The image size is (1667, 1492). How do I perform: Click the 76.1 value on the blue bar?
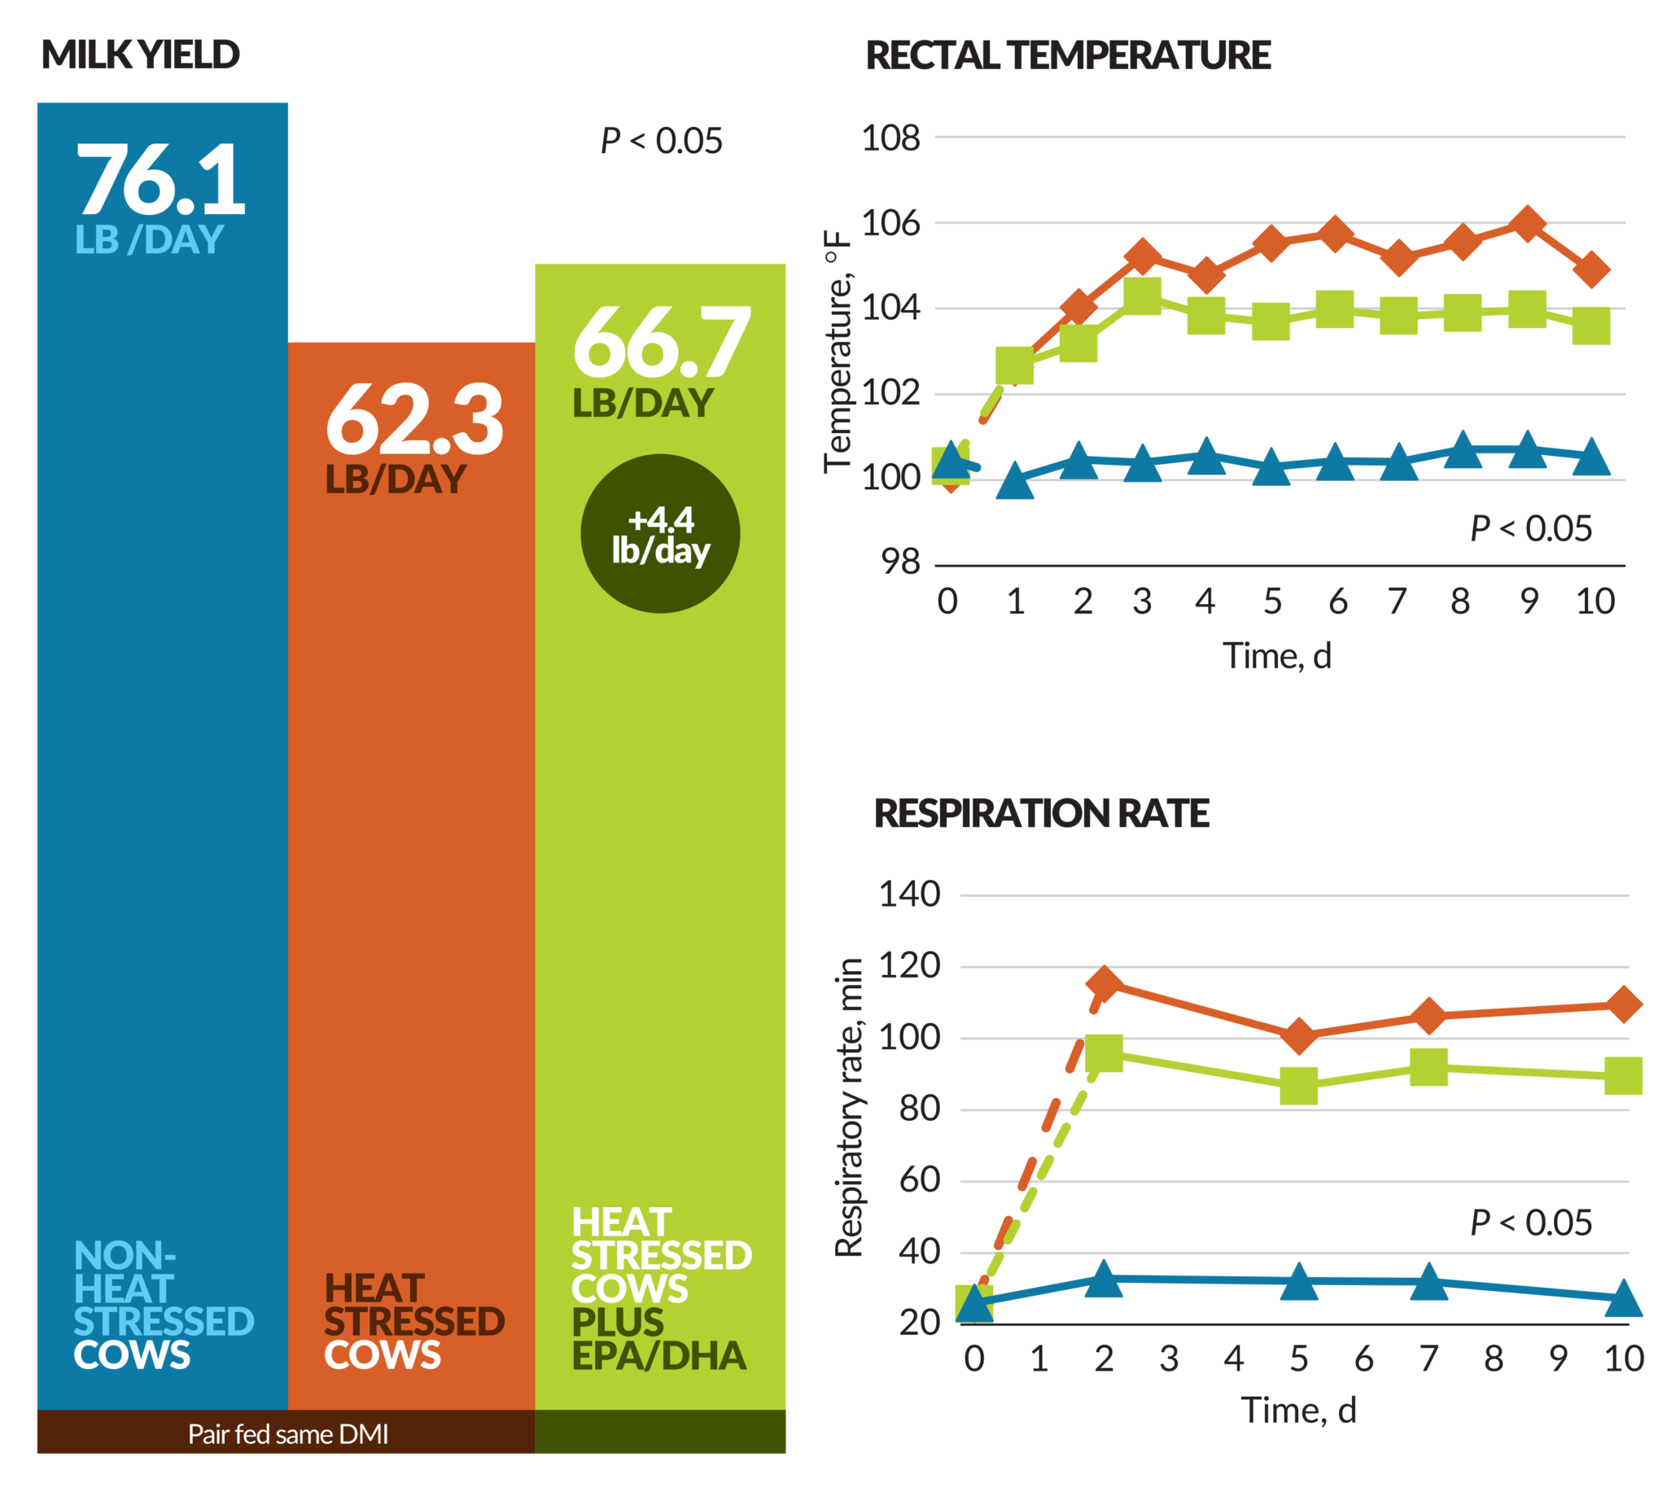pyautogui.click(x=160, y=180)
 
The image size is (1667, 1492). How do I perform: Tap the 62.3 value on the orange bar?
pyautogui.click(x=413, y=420)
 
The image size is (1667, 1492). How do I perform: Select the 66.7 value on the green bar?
pyautogui.click(x=662, y=343)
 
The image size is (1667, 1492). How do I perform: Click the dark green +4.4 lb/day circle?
pyautogui.click(x=661, y=534)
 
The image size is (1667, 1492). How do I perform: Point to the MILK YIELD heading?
pyautogui.click(x=140, y=55)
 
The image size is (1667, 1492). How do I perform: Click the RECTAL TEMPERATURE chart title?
pyautogui.click(x=1068, y=55)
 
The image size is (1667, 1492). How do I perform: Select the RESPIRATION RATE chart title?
pyautogui.click(x=1041, y=813)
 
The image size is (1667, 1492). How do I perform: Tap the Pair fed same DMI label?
pyautogui.click(x=287, y=1433)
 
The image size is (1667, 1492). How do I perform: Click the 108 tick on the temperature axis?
pyautogui.click(x=891, y=138)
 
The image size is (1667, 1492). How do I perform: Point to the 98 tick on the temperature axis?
pyautogui.click(x=902, y=562)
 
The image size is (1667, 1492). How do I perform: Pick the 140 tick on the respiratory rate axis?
pyautogui.click(x=910, y=895)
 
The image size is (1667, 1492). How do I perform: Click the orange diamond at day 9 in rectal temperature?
pyautogui.click(x=1528, y=223)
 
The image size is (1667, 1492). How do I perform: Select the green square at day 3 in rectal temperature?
pyautogui.click(x=1143, y=295)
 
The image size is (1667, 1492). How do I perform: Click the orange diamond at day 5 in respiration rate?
pyautogui.click(x=1299, y=1036)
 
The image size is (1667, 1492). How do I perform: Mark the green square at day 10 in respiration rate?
pyautogui.click(x=1624, y=1075)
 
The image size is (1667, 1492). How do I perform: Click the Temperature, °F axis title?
pyautogui.click(x=837, y=352)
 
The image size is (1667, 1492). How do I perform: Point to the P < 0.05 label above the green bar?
pyautogui.click(x=662, y=141)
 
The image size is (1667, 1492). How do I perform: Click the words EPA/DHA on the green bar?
pyautogui.click(x=659, y=1356)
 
